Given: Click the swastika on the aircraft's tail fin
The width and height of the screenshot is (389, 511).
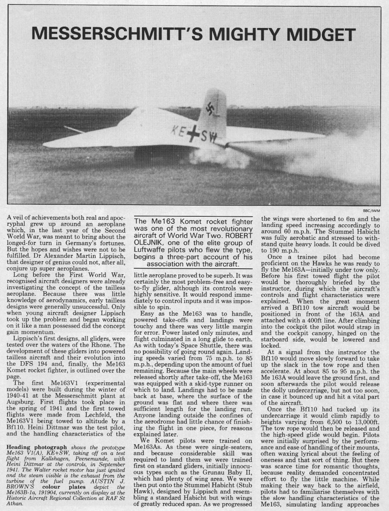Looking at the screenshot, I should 212,109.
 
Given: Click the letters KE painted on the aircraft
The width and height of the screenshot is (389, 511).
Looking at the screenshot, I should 177,131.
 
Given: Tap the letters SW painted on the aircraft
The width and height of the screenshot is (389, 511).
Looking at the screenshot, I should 208,136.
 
